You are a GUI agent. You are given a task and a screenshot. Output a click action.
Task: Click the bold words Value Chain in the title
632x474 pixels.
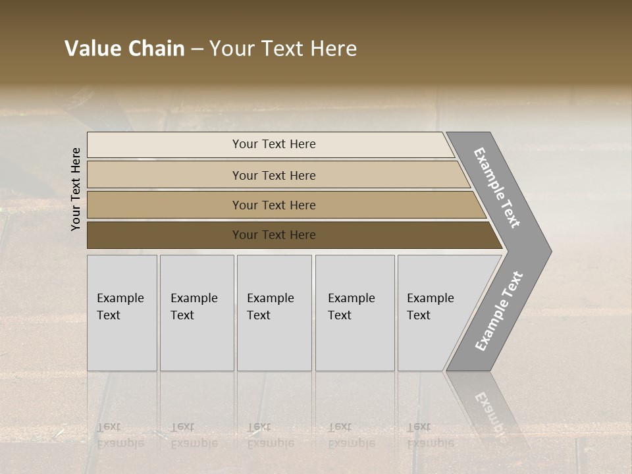[124, 49]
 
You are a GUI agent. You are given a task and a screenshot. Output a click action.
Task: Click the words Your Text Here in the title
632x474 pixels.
[283, 49]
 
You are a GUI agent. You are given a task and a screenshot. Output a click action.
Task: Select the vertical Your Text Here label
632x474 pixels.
[76, 189]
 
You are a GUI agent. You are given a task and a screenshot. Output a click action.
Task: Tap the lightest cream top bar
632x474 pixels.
[273, 144]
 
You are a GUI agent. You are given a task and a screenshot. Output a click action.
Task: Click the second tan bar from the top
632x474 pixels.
[273, 175]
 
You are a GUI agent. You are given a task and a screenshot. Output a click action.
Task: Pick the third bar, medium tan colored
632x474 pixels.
[273, 205]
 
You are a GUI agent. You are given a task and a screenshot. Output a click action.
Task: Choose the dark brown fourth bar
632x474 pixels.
[273, 235]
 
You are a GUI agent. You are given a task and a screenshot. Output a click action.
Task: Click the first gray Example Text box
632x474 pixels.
[122, 313]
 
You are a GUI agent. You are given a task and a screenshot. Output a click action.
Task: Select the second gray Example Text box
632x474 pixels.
[196, 313]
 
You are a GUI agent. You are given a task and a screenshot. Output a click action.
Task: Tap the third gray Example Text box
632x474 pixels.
[274, 313]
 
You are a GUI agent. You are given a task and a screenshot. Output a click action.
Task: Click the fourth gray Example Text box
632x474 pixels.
[354, 313]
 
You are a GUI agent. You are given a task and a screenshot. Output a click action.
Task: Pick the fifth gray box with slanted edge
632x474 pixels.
[434, 313]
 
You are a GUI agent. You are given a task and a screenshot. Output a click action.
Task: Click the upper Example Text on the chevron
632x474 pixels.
[497, 188]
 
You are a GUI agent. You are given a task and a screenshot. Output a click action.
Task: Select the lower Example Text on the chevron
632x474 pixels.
[499, 311]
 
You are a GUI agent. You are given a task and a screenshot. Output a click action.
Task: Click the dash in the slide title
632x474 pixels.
[197, 49]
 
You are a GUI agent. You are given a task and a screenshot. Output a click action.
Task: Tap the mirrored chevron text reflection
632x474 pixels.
[488, 408]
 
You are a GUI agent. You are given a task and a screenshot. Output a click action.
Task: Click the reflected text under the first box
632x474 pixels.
[120, 434]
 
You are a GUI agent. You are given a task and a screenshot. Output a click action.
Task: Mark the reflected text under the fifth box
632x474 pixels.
[430, 434]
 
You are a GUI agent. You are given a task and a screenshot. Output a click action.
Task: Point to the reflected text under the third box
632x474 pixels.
[270, 434]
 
